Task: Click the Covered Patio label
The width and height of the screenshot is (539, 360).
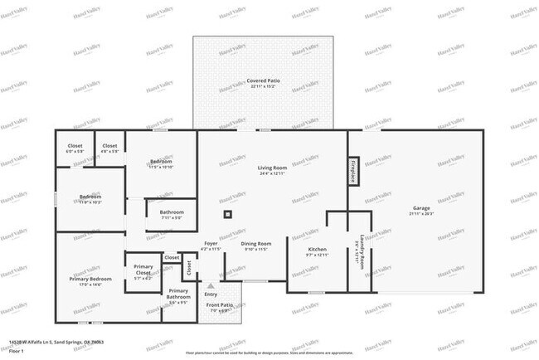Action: tap(263, 81)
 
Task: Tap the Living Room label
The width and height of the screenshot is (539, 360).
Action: tap(271, 169)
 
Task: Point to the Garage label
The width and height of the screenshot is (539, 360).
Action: tap(421, 210)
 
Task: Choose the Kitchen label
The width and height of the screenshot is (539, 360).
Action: tap(317, 251)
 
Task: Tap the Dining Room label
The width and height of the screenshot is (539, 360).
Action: tap(255, 245)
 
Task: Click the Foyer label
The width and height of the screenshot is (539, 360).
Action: tap(211, 245)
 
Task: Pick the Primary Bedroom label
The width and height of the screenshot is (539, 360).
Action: tap(90, 281)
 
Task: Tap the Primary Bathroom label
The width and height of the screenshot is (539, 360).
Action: tap(178, 294)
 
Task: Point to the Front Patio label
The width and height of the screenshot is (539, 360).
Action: tap(220, 308)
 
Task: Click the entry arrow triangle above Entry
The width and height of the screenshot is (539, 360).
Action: tap(211, 285)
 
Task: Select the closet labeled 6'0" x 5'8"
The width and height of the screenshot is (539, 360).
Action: tap(75, 148)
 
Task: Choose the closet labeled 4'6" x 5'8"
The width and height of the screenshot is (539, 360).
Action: tap(109, 148)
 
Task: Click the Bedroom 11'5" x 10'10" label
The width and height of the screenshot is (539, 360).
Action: tap(161, 163)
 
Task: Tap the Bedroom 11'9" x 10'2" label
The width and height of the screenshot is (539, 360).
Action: tap(90, 199)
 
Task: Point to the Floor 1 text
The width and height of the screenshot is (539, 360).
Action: tap(16, 351)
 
